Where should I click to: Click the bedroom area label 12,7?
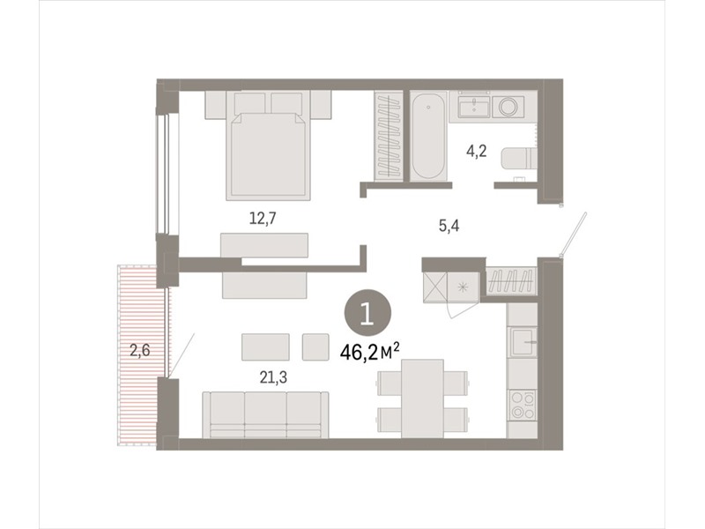263,219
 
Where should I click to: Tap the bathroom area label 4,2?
476,151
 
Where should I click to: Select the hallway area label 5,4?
449,226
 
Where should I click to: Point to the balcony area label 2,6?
140,350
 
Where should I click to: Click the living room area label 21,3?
273,378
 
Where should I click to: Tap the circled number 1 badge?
367,313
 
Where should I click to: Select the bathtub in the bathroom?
428,136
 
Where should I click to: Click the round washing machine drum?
508,107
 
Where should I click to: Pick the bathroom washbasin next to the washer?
474,107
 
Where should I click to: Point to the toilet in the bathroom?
519,159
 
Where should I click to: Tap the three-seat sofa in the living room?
265,414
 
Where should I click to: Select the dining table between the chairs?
422,399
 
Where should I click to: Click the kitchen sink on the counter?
522,342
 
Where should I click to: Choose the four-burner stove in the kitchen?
522,405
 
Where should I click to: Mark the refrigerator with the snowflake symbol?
463,287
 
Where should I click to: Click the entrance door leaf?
575,235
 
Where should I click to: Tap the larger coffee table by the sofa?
265,346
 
